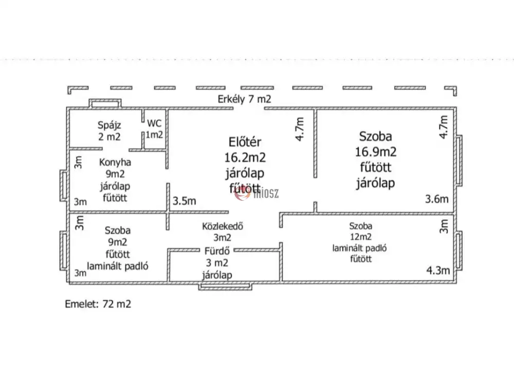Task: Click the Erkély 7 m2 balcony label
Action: pos(243,100)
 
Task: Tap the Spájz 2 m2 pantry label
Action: pos(109,130)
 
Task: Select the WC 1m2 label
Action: pos(154,129)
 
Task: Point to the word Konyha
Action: pos(115,162)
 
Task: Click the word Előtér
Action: pos(245,142)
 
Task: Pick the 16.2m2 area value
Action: pos(245,157)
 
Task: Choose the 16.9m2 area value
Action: pos(375,152)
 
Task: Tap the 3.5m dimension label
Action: pos(185,201)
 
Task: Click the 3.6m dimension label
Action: pos(436,199)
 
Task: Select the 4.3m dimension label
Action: pos(438,270)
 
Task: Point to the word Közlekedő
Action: pos(223,226)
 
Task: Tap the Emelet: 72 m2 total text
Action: pos(98,303)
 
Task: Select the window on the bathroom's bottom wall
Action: pos(225,285)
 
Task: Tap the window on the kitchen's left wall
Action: pos(63,187)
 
